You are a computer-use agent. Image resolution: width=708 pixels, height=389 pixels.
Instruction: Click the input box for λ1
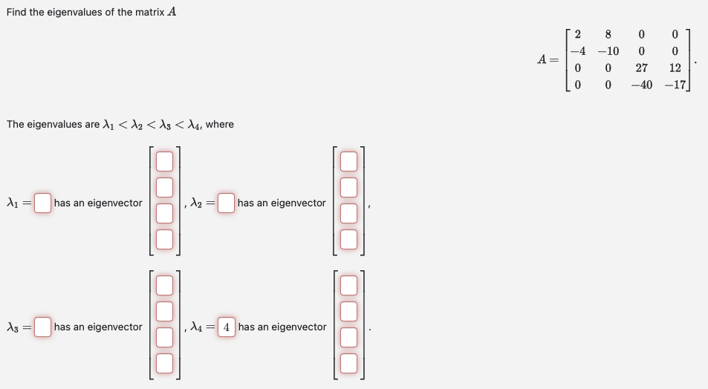[43, 203]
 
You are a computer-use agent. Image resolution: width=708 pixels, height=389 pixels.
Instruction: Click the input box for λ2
[227, 203]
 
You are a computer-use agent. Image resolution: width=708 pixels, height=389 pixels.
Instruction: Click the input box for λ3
[43, 327]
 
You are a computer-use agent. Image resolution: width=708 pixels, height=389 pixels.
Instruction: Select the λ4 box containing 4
[227, 327]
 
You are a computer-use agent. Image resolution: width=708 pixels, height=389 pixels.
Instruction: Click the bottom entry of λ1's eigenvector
[164, 239]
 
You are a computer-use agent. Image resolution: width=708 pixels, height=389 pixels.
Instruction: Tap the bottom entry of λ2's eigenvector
[348, 239]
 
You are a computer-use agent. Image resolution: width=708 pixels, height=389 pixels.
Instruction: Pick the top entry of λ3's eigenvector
[164, 284]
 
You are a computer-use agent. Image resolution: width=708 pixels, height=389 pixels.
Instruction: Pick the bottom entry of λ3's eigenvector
[164, 363]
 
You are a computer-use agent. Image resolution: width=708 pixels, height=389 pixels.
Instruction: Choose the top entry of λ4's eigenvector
[348, 284]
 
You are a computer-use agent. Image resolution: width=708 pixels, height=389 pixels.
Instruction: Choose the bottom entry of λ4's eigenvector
[348, 363]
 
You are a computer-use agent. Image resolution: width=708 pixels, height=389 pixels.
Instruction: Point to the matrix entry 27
[642, 68]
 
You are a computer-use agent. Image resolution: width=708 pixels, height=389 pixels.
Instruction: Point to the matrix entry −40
[640, 85]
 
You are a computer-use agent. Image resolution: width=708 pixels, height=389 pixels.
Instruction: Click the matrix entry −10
[608, 51]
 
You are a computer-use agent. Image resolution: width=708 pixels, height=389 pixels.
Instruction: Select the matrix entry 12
[675, 68]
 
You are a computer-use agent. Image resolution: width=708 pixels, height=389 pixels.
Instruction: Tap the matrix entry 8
[608, 34]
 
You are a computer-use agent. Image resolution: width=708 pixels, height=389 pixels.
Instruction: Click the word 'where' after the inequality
[220, 124]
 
